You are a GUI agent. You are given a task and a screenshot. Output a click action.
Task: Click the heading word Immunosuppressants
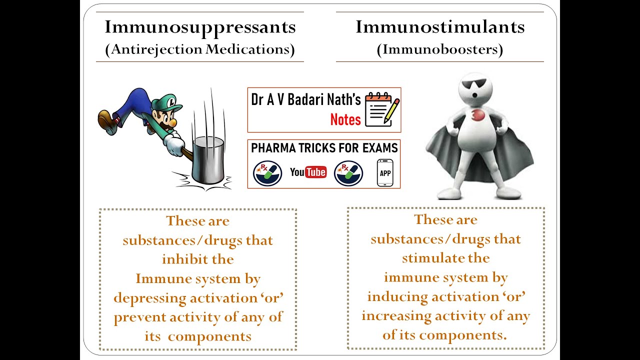click(x=200, y=27)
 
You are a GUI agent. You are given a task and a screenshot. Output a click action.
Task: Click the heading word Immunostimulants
click(x=440, y=27)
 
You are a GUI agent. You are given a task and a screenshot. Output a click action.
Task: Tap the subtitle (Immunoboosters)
click(x=440, y=49)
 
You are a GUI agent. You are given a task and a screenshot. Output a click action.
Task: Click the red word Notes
click(x=345, y=119)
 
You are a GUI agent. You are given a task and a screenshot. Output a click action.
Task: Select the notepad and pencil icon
click(x=382, y=109)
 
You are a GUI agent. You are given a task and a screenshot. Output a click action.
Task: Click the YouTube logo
click(x=308, y=172)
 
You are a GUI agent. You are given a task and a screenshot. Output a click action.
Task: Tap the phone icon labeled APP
click(x=385, y=173)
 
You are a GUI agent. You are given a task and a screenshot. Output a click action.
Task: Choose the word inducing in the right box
click(x=397, y=296)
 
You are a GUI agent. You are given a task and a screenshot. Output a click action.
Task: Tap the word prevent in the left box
click(x=140, y=317)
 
